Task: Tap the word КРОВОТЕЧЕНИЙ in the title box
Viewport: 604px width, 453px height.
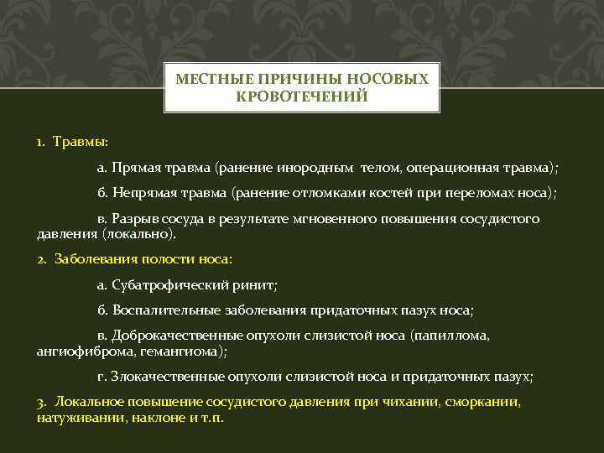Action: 302,96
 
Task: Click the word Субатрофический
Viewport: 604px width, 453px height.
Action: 172,284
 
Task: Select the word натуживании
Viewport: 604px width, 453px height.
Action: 75,417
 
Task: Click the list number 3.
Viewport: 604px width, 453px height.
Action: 40,402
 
